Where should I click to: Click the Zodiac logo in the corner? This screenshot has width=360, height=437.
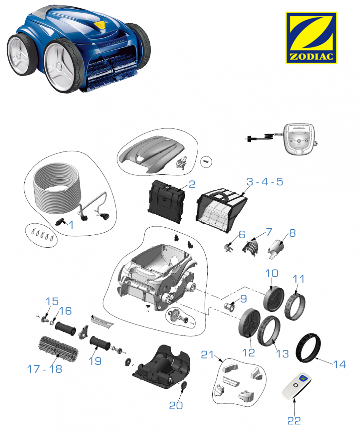tap(311, 38)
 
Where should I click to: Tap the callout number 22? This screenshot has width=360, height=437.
tap(294, 420)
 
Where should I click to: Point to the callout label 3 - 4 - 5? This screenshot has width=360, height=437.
tap(265, 182)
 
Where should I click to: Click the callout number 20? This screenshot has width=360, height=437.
tap(176, 405)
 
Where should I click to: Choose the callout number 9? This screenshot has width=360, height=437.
tap(243, 299)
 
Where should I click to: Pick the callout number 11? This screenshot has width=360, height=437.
tap(299, 279)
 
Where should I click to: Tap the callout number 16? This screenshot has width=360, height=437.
tap(65, 311)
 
